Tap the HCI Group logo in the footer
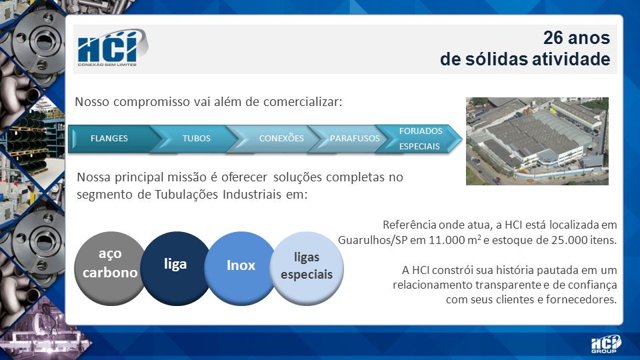(x=606, y=344)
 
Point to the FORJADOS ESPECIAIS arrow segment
(x=419, y=139)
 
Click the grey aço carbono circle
(x=109, y=269)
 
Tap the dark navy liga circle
(x=175, y=269)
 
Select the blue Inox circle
(x=241, y=269)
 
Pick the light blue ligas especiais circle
(x=307, y=269)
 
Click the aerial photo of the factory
(x=537, y=141)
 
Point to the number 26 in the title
(x=553, y=37)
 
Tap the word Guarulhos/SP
(x=373, y=240)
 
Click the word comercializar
(x=303, y=101)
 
